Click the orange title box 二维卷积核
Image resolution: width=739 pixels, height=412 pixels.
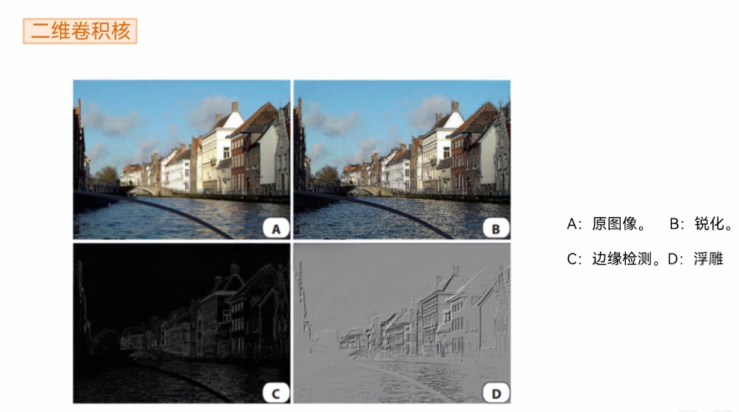tap(80, 31)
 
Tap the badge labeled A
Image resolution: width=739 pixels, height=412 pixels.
tap(276, 229)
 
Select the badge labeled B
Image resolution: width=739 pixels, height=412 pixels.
tap(496, 229)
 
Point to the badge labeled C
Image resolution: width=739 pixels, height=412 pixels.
tap(276, 393)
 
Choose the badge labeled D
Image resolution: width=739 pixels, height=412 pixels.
tap(496, 393)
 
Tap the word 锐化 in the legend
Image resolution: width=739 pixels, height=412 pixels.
tap(709, 224)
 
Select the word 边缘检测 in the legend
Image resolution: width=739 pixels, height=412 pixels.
tap(621, 259)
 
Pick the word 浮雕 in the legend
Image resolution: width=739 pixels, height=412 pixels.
tap(708, 259)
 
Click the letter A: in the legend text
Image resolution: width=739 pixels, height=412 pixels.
tap(574, 224)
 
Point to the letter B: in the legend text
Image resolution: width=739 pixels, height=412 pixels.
tap(677, 224)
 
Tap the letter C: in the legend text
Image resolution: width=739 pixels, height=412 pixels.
tap(574, 259)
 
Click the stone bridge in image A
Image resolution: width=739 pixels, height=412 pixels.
tap(144, 191)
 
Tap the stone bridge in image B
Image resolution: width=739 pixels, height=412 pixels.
tap(364, 191)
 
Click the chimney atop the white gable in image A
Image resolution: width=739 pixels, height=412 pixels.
tap(234, 107)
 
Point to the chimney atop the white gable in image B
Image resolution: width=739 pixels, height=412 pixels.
tap(455, 107)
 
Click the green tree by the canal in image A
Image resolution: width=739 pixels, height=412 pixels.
tap(107, 175)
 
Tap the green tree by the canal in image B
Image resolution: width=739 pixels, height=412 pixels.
tap(327, 175)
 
